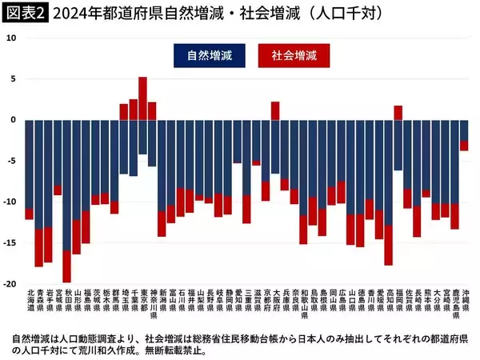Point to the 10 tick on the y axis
(x=10, y=38)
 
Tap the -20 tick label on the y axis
(x=9, y=284)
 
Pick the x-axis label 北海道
(x=30, y=305)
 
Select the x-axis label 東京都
(x=142, y=305)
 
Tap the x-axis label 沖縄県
(x=463, y=305)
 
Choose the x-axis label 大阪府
(x=275, y=305)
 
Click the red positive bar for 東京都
(x=142, y=98)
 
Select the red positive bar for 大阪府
(x=275, y=110)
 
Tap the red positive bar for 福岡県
(x=398, y=113)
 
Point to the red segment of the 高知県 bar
(x=388, y=245)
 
